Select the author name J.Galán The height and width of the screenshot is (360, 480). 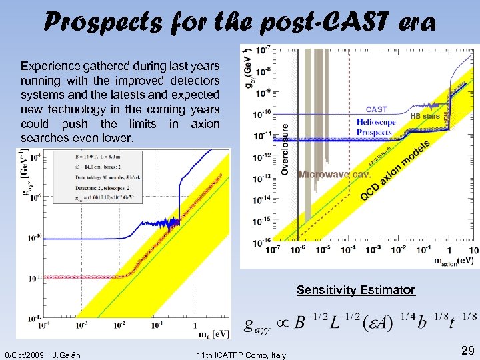[66, 354]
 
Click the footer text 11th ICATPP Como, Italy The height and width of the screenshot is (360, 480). [242, 354]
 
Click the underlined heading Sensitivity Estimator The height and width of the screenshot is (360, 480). [356, 290]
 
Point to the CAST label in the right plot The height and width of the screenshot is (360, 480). [377, 109]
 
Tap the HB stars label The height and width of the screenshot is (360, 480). [425, 115]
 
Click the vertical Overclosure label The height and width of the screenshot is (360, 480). [285, 149]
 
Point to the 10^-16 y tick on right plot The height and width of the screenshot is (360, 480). [261, 241]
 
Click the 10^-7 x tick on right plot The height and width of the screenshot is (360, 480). [273, 250]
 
